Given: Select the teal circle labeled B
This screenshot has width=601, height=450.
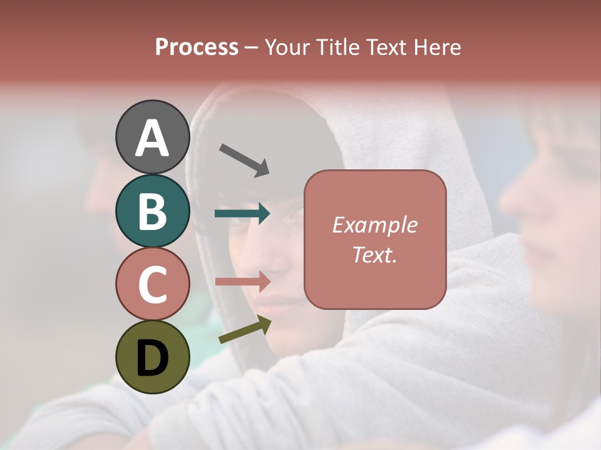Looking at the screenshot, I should [x=152, y=211].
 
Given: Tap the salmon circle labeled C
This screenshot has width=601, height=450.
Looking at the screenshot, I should [x=152, y=284].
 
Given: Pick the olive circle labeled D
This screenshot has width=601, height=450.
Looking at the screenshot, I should [x=152, y=357].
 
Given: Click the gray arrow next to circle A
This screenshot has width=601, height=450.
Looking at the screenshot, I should [x=244, y=160].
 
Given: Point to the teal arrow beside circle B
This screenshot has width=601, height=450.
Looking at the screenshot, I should [x=242, y=214].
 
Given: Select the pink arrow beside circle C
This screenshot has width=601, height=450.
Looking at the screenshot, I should [x=242, y=281].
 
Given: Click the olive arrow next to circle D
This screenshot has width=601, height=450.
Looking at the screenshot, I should [x=245, y=330].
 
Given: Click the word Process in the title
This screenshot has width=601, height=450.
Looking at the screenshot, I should [x=197, y=47].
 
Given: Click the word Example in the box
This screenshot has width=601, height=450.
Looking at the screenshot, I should [x=374, y=225].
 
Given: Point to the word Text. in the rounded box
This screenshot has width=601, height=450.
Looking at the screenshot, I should [x=374, y=254].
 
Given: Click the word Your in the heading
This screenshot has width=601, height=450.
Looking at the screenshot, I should [x=287, y=47].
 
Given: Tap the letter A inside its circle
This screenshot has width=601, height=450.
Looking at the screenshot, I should [x=152, y=138].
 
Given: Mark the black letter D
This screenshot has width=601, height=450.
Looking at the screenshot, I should [x=152, y=357].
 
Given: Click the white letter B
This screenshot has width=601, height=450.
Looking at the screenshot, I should [x=152, y=211].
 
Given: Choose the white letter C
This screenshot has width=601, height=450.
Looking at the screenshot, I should [x=152, y=284].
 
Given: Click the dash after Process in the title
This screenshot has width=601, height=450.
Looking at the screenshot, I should [x=252, y=47].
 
